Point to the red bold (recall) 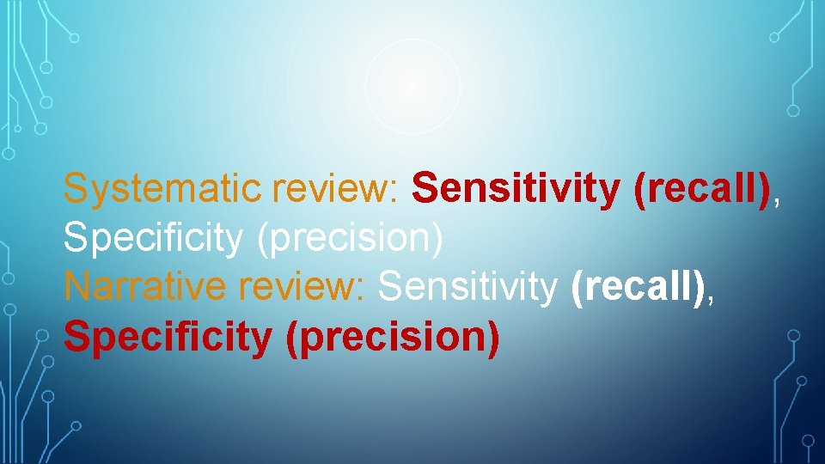pos(700,189)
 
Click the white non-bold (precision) pos(350,239)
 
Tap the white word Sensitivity pos(468,288)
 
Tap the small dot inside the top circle pos(412,86)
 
